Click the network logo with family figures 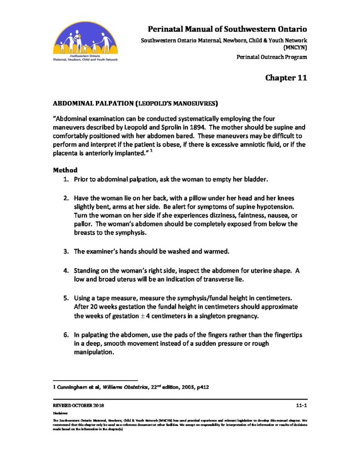pos(85,43)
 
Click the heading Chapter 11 pos(286,78)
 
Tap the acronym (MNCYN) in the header pos(295,47)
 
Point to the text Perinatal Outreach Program pos(272,57)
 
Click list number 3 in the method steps pos(66,251)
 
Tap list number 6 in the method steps pos(66,335)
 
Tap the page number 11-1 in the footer pos(301,405)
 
